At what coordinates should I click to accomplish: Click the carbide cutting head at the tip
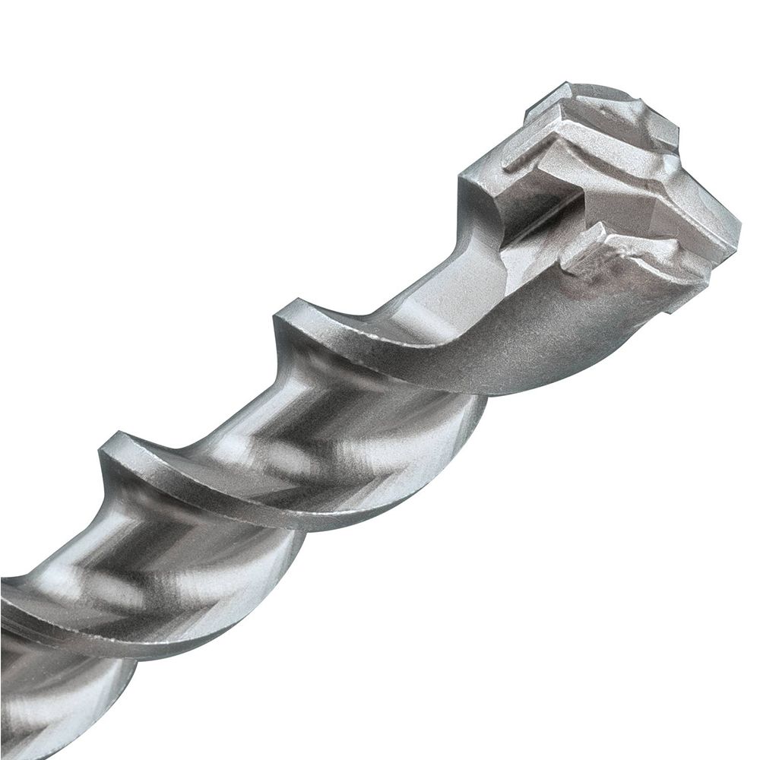(623, 190)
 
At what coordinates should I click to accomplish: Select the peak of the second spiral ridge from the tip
(114, 448)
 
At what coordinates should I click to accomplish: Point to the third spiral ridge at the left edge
(15, 593)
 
